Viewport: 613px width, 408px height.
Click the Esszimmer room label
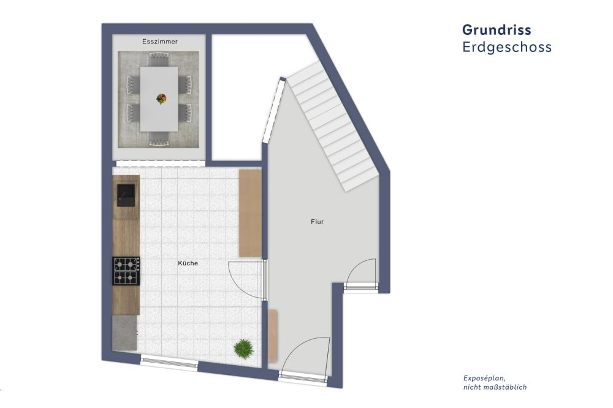160,42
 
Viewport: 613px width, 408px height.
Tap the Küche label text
188,263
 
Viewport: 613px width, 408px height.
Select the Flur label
317,222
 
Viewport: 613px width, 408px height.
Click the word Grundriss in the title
497,29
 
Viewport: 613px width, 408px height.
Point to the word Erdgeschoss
507,47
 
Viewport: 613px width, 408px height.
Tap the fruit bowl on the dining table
161,99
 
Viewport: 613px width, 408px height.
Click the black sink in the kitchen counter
126,195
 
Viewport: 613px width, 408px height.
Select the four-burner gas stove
126,271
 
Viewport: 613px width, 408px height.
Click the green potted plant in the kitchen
244,349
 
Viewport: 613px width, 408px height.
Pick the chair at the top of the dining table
159,60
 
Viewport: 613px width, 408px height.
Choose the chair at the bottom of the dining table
159,138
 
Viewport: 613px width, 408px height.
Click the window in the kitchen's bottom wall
169,362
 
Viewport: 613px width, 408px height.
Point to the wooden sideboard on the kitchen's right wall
250,213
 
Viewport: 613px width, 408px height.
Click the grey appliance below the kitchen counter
125,333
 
